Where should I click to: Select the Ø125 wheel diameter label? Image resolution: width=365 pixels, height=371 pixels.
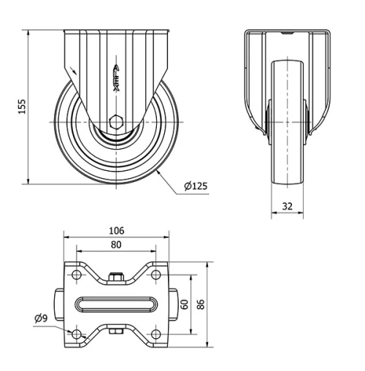pyautogui.click(x=196, y=186)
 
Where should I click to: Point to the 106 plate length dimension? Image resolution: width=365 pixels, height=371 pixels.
pyautogui.click(x=116, y=230)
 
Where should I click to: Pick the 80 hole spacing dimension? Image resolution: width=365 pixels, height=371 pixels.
pyautogui.click(x=116, y=245)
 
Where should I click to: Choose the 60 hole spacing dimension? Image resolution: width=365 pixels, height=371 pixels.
pyautogui.click(x=185, y=303)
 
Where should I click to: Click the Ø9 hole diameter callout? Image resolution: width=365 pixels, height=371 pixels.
pyautogui.click(x=41, y=318)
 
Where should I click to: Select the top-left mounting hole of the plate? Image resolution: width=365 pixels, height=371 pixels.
pyautogui.click(x=77, y=275)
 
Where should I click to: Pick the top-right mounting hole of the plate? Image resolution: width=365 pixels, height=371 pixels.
pyautogui.click(x=155, y=275)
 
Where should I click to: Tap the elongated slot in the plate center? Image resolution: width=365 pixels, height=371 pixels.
pyautogui.click(x=116, y=304)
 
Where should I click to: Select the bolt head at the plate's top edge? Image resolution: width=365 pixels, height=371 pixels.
pyautogui.click(x=116, y=277)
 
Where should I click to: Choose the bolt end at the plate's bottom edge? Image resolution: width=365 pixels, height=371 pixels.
pyautogui.click(x=116, y=332)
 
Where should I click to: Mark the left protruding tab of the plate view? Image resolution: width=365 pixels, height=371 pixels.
pyautogui.click(x=58, y=304)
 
